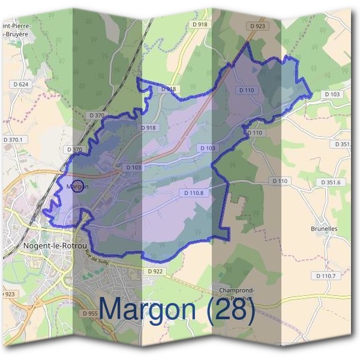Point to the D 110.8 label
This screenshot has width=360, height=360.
192,193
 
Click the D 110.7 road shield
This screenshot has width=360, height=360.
326,275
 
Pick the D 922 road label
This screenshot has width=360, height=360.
154,271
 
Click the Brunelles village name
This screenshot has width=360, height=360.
325,229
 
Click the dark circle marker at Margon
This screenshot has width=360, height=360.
77,187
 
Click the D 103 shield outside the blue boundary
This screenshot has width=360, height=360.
332,94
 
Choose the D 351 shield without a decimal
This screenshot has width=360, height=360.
341,144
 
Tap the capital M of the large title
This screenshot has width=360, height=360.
112,308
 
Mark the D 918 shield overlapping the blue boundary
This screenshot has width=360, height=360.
170,89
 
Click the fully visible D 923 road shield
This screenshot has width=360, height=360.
259,26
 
